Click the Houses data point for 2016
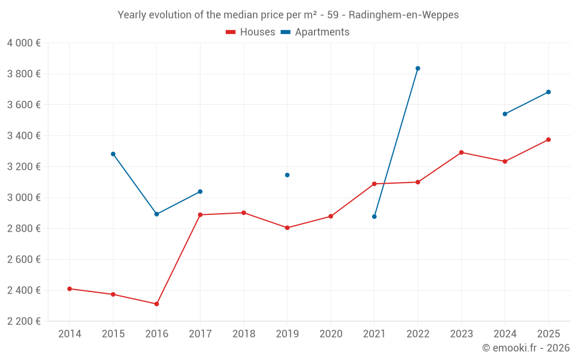(x=157, y=304)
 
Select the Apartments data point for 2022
(x=418, y=69)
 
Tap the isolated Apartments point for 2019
(x=287, y=175)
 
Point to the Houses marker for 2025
(x=548, y=139)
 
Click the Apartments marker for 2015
(x=113, y=154)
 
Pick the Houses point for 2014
(x=70, y=289)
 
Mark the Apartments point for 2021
(x=374, y=217)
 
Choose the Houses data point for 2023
(x=461, y=153)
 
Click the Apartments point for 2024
(x=505, y=114)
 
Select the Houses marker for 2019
(x=287, y=228)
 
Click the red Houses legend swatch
(x=231, y=32)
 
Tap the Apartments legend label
(x=322, y=32)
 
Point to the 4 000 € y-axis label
(x=24, y=43)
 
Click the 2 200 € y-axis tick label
(x=24, y=321)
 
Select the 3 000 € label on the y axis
(x=24, y=198)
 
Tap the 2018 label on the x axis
(x=244, y=334)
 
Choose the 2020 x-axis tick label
(x=331, y=334)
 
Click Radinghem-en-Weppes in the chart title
(x=404, y=15)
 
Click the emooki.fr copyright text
(x=525, y=348)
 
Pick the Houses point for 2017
(x=200, y=215)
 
